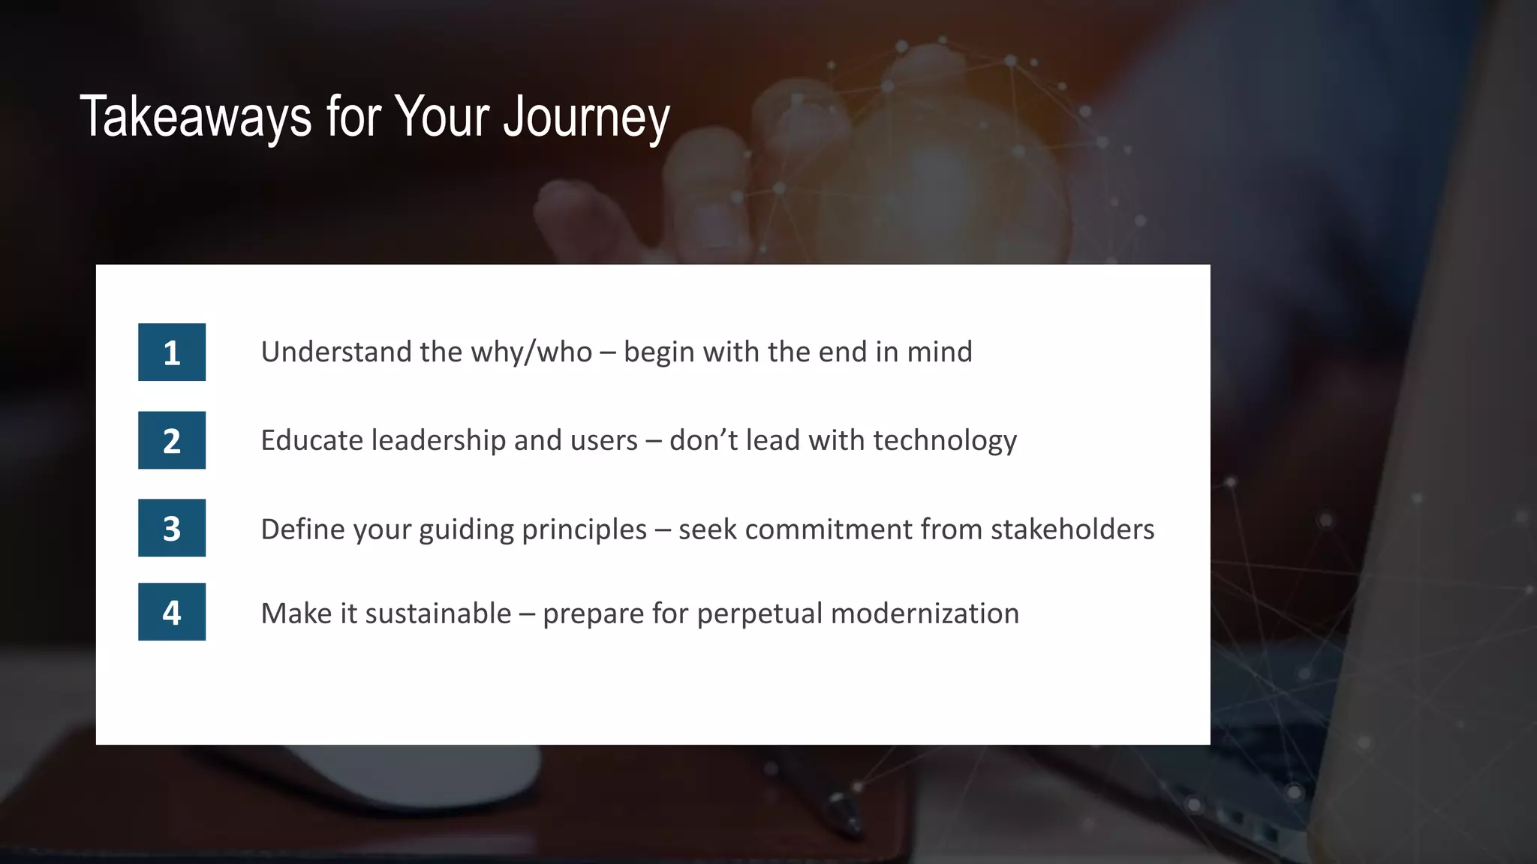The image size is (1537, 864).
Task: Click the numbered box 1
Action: tap(172, 352)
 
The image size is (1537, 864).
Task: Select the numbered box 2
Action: tap(172, 440)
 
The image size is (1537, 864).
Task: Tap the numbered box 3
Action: tap(172, 528)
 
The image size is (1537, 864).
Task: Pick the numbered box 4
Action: tap(172, 612)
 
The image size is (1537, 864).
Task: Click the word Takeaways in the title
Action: tap(196, 117)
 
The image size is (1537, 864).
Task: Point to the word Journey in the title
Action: tap(586, 118)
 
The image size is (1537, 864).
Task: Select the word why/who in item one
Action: tap(531, 352)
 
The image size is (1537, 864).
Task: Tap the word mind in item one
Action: tap(940, 352)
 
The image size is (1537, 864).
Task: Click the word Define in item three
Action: tap(302, 529)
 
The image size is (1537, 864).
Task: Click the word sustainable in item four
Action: tap(438, 613)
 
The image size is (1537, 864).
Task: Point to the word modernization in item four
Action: tap(925, 613)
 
